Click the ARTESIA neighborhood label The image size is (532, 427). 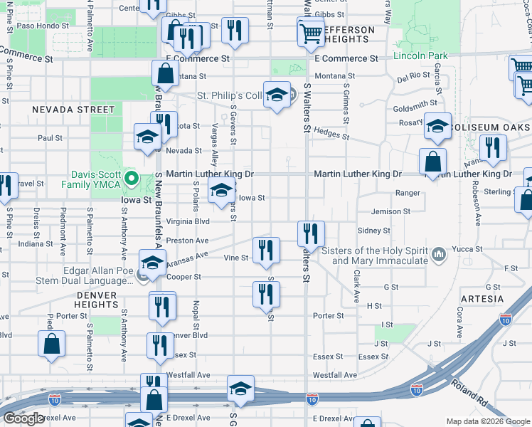482,299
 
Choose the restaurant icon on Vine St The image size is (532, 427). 266,249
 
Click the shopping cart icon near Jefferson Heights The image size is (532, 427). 311,32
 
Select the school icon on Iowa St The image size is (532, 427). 221,190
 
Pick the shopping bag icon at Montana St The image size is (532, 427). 165,73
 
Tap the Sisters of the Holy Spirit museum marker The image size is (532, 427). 439,253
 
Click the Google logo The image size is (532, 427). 23,418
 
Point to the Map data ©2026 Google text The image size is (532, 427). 487,421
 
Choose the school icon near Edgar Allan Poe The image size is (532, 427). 153,263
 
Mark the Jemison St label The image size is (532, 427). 391,211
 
